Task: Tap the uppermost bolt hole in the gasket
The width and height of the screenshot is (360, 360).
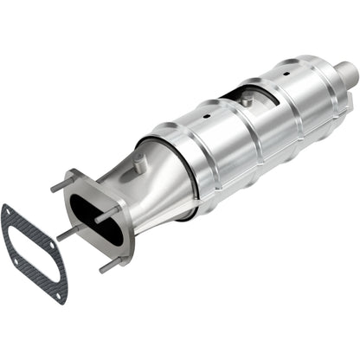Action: point(8,212)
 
